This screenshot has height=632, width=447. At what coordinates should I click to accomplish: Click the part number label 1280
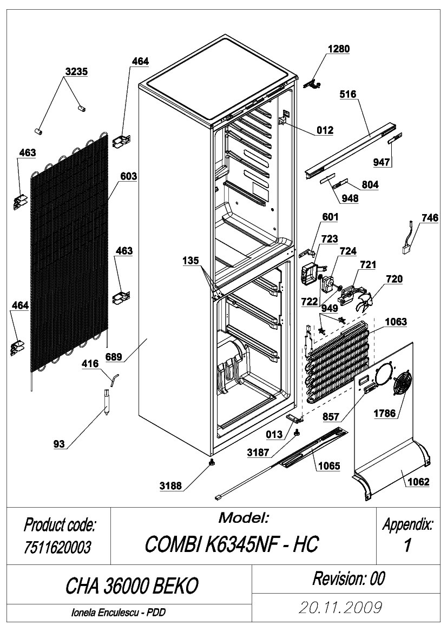338,49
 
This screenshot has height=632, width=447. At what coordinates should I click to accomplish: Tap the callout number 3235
77,71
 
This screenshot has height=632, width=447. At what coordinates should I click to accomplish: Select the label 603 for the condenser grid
128,176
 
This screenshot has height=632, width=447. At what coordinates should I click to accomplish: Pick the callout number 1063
396,322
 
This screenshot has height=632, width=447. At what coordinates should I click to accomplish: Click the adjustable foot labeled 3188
211,462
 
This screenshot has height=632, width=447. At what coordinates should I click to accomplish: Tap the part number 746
430,218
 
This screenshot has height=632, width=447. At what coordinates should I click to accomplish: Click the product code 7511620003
57,547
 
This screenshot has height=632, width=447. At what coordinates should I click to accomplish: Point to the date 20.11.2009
340,607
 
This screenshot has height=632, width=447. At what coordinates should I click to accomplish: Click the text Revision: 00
349,578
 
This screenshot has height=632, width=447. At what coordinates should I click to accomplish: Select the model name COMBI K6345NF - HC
232,544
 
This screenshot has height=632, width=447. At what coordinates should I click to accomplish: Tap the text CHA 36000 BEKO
132,586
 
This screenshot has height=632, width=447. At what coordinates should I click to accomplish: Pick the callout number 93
59,444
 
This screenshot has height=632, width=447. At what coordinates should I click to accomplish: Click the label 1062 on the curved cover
418,482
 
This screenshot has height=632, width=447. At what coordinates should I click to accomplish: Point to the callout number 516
348,94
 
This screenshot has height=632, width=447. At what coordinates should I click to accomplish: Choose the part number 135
190,261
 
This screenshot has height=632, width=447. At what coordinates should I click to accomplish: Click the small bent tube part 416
115,379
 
